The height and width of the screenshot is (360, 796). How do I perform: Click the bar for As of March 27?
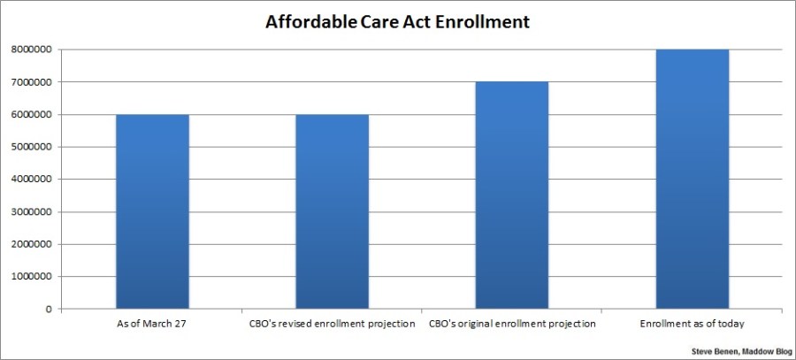(152, 211)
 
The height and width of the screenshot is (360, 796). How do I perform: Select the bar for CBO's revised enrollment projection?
(333, 211)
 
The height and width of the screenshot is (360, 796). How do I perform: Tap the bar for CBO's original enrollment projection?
(512, 195)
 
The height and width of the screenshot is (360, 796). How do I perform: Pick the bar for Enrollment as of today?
(692, 179)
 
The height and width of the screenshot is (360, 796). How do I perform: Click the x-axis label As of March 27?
(152, 324)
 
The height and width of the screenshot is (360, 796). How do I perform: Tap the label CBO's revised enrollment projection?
(333, 324)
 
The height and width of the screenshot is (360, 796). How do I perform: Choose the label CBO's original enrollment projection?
(512, 324)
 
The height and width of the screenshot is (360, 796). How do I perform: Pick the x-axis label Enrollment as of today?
(692, 324)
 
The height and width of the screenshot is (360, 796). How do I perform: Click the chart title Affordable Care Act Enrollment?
(398, 22)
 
